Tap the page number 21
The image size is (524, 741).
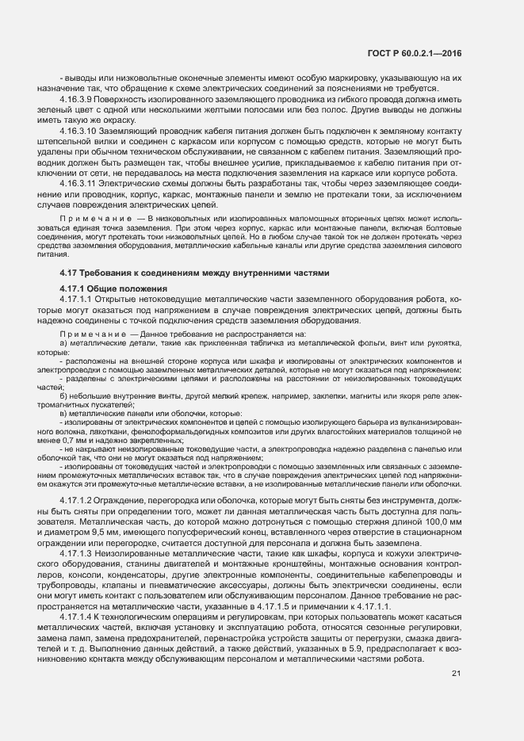(x=456, y=651)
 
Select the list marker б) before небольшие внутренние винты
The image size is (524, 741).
(x=63, y=395)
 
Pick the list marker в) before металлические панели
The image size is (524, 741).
(x=63, y=413)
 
